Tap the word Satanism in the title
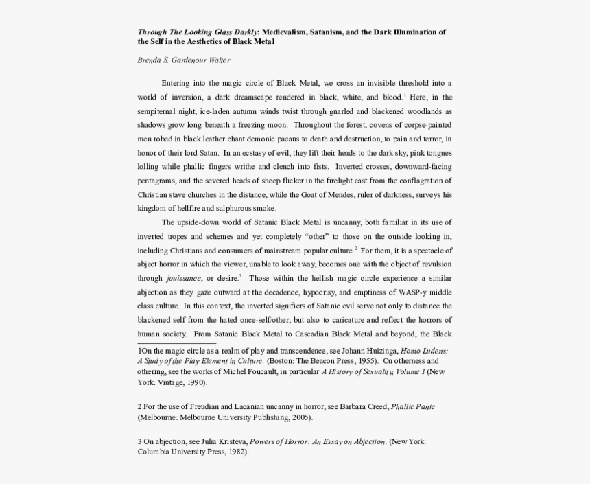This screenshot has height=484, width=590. point(329,32)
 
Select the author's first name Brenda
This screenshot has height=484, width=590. point(151,60)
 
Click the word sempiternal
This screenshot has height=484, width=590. point(160,111)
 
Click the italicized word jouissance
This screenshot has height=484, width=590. point(183,278)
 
